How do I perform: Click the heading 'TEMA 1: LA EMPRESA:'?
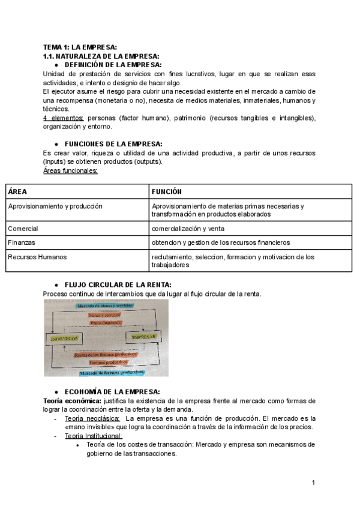click(x=80, y=47)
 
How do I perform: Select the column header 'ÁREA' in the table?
click(x=17, y=191)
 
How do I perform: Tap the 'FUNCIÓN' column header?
click(x=167, y=191)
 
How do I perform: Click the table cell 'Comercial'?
click(x=23, y=229)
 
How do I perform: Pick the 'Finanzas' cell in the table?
click(x=22, y=242)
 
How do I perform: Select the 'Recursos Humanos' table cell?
click(x=37, y=257)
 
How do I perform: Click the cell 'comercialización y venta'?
click(x=188, y=229)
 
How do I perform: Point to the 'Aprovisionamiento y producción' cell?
click(x=55, y=206)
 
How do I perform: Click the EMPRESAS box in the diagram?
click(x=143, y=337)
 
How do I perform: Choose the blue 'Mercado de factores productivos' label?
click(x=109, y=372)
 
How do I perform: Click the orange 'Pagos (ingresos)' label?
click(x=106, y=323)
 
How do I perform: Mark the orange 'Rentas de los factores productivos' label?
click(x=105, y=355)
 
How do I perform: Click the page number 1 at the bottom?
click(x=313, y=483)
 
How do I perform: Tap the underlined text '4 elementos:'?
click(x=64, y=118)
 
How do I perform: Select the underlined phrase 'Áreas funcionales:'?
click(x=70, y=170)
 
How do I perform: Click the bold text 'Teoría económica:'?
click(x=72, y=400)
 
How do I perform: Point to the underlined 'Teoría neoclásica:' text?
click(x=92, y=418)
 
